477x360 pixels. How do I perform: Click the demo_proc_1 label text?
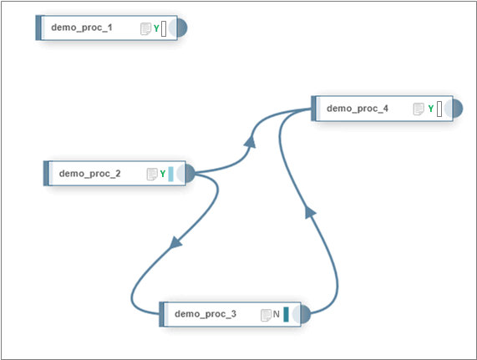[x=82, y=28]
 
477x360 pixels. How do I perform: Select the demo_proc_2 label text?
[x=89, y=174]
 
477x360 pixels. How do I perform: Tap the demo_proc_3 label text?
[x=206, y=314]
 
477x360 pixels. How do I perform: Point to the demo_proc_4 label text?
[x=358, y=109]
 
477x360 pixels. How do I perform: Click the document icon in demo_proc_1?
[x=145, y=29]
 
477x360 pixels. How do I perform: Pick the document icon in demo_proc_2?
[x=152, y=175]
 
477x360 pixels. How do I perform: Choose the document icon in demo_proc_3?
[x=266, y=315]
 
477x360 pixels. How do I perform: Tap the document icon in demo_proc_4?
[x=419, y=109]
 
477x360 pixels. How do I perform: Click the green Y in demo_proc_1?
[x=156, y=28]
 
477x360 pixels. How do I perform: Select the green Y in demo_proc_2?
[x=163, y=174]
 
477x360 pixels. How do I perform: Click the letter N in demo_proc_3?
[x=276, y=314]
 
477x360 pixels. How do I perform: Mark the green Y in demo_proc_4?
[x=431, y=109]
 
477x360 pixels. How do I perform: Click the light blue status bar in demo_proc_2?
[x=170, y=174]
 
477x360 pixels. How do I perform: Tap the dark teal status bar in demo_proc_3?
[x=286, y=314]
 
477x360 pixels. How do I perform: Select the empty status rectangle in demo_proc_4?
[x=439, y=109]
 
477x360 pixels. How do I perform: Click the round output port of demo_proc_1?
[x=182, y=28]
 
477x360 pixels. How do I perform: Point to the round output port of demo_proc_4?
[x=458, y=109]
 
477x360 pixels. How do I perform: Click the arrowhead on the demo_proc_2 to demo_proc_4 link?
[x=251, y=142]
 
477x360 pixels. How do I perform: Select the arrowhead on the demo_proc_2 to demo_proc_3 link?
[x=175, y=243]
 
